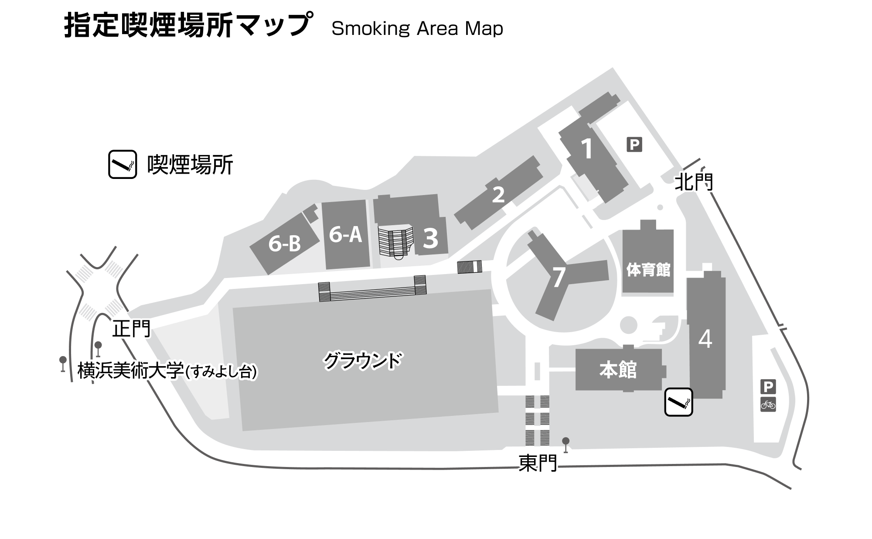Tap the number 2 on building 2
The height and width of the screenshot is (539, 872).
pyautogui.click(x=498, y=195)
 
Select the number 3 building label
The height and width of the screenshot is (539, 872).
pyautogui.click(x=430, y=238)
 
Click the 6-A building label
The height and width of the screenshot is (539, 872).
pyautogui.click(x=345, y=235)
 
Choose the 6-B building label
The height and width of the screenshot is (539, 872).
pyautogui.click(x=284, y=244)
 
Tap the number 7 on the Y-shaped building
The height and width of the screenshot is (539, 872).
pyautogui.click(x=559, y=277)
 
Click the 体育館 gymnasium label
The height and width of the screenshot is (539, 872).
pyautogui.click(x=648, y=270)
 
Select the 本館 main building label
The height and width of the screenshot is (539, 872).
pyautogui.click(x=618, y=370)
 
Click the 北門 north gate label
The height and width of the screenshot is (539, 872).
pyautogui.click(x=693, y=182)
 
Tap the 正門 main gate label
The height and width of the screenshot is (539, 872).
pyautogui.click(x=131, y=329)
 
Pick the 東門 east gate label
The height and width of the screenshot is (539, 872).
pyautogui.click(x=538, y=463)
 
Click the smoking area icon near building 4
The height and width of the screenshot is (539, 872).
pyautogui.click(x=678, y=402)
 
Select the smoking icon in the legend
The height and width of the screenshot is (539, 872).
pyautogui.click(x=123, y=165)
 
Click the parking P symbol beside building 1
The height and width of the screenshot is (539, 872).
pyautogui.click(x=634, y=144)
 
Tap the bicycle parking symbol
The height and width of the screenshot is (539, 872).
pyautogui.click(x=768, y=405)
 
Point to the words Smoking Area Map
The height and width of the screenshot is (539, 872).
pyautogui.click(x=417, y=29)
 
